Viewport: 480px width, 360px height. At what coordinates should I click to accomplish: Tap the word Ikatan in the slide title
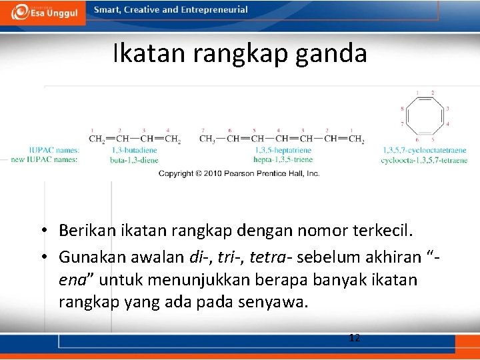(149, 53)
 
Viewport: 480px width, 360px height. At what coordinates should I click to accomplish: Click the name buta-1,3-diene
(135, 160)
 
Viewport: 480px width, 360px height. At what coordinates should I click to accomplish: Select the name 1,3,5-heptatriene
(282, 151)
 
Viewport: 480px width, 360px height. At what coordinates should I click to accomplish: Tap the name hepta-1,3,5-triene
(282, 160)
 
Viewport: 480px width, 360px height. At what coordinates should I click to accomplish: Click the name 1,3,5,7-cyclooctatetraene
(425, 151)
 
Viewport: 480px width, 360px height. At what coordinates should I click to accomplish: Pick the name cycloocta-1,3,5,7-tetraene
(425, 160)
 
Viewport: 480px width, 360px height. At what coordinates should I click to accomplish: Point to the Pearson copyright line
(239, 173)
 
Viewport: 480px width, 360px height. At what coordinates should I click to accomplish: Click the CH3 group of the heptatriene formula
(207, 139)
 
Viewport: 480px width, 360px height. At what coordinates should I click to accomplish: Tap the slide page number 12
(355, 338)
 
